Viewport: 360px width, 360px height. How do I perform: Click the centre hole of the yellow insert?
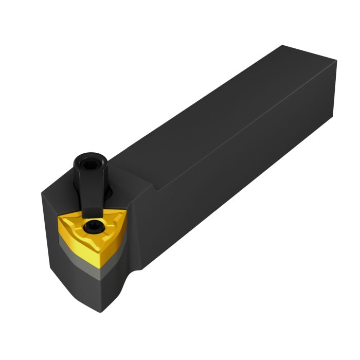93,226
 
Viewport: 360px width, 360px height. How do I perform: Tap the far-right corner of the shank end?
337,62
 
